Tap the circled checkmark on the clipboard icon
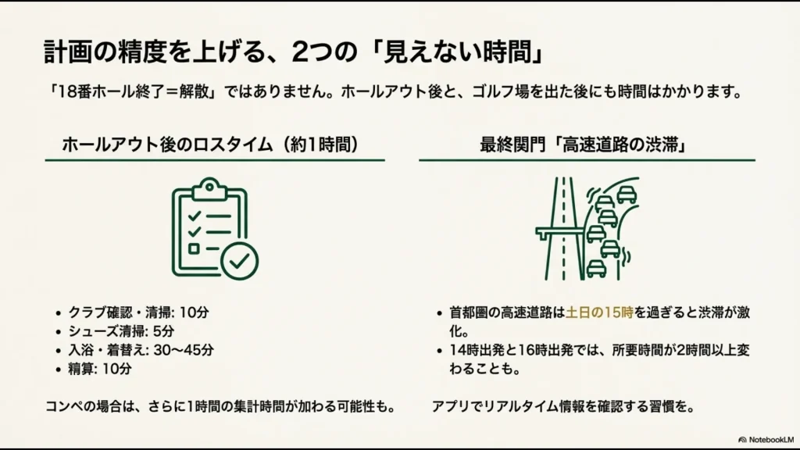pos(239,261)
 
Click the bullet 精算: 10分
pos(100,369)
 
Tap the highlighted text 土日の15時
pos(600,312)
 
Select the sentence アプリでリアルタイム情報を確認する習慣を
pos(562,407)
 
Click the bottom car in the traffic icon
pos(596,268)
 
